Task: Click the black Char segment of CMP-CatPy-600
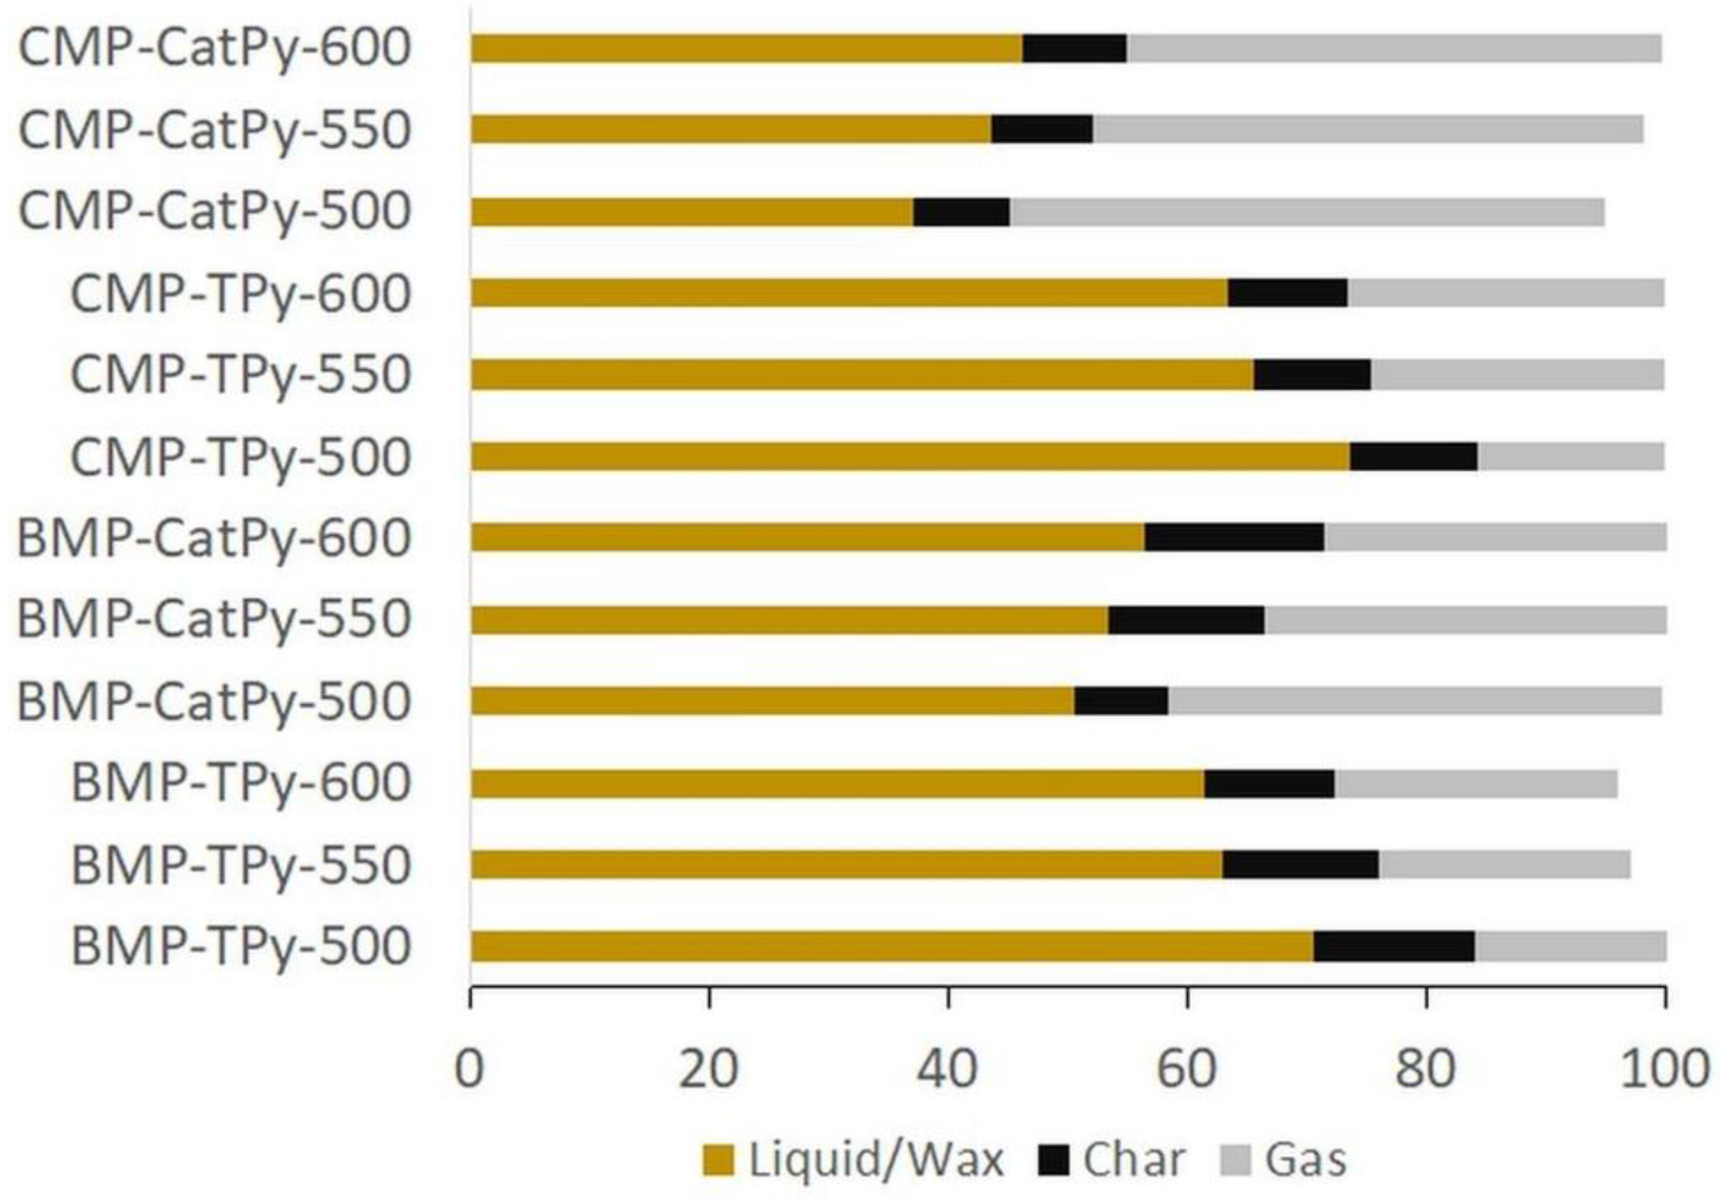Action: (x=1074, y=49)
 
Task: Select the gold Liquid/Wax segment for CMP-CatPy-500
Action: (x=692, y=212)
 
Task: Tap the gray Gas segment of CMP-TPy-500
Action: (x=1571, y=456)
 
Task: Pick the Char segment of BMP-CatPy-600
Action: (x=1234, y=537)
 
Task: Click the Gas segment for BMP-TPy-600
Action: (x=1476, y=784)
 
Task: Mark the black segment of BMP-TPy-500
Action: (x=1393, y=946)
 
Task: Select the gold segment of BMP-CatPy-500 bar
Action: (x=772, y=701)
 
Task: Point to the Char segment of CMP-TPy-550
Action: (x=1312, y=375)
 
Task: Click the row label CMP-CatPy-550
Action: (x=215, y=130)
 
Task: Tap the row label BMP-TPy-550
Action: (x=241, y=865)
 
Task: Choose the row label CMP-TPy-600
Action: (x=241, y=293)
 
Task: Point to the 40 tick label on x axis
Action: (x=947, y=1068)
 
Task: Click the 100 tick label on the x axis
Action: (x=1664, y=1068)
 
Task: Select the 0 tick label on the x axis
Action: (x=470, y=1068)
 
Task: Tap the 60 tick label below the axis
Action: (x=1186, y=1068)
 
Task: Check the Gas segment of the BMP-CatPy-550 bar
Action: (x=1465, y=620)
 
